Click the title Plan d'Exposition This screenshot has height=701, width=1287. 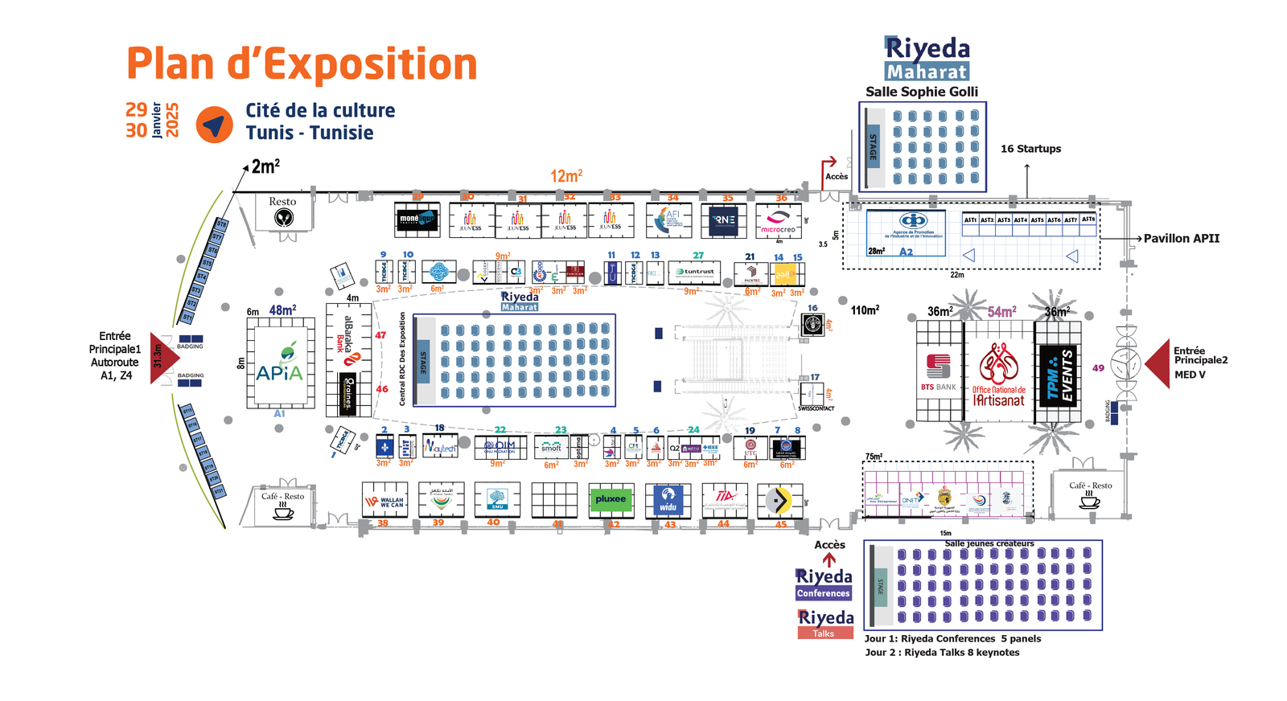coord(302,64)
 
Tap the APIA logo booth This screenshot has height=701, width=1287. coord(279,363)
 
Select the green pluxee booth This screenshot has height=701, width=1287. coord(611,499)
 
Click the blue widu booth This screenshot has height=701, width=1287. coord(668,500)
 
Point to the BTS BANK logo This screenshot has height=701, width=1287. coord(939,371)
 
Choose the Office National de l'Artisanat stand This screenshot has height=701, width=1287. coord(998,372)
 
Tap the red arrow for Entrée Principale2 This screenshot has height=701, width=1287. coord(1158,364)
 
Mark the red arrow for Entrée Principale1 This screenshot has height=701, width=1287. coord(162,358)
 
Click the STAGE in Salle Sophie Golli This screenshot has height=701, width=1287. coord(873,146)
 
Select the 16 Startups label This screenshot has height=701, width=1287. coord(1030,149)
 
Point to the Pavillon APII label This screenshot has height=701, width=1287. coord(1181,238)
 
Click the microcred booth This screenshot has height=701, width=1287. coord(778,220)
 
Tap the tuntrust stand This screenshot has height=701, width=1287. coord(694,273)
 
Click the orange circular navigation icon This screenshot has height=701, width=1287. coord(215,125)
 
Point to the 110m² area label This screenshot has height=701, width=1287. coord(865,310)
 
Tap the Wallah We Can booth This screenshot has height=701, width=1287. coord(384,500)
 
